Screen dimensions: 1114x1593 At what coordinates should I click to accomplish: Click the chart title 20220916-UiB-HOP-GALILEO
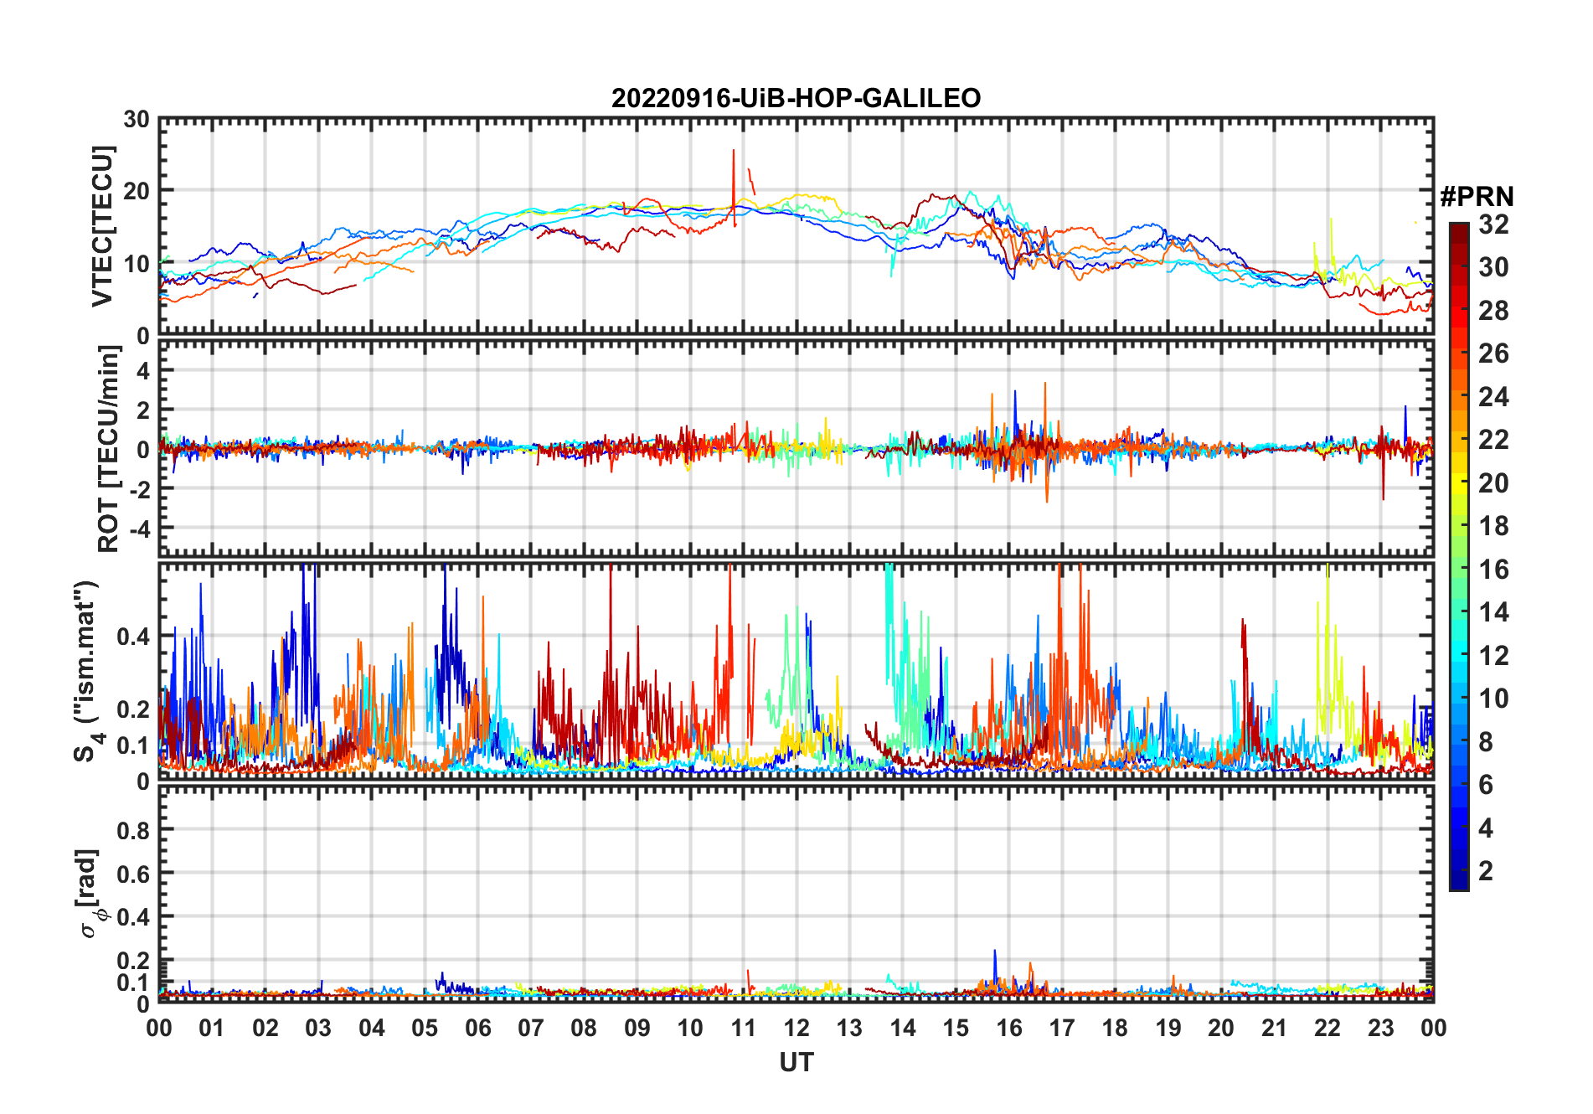796,99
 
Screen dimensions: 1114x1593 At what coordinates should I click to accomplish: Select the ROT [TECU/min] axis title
108,449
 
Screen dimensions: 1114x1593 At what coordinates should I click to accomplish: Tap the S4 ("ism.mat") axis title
87,671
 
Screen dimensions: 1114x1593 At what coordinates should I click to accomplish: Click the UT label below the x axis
796,1062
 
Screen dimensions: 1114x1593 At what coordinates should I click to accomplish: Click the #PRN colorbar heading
1477,197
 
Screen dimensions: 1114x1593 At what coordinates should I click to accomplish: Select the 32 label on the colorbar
1493,224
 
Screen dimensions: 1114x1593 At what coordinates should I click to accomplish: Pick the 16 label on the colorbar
1493,570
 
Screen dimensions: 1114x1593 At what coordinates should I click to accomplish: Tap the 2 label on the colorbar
1486,871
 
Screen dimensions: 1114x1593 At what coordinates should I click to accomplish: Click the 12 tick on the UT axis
796,1028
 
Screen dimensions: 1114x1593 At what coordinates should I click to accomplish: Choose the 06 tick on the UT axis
478,1028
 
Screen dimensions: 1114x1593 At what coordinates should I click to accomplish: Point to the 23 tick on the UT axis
1380,1028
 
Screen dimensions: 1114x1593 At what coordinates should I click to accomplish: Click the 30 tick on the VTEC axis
137,120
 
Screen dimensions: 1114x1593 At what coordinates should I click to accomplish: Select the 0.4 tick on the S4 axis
133,637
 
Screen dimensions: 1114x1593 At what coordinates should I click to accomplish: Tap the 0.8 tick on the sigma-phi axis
133,830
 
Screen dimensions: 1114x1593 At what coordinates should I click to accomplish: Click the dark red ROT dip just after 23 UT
1383,494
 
